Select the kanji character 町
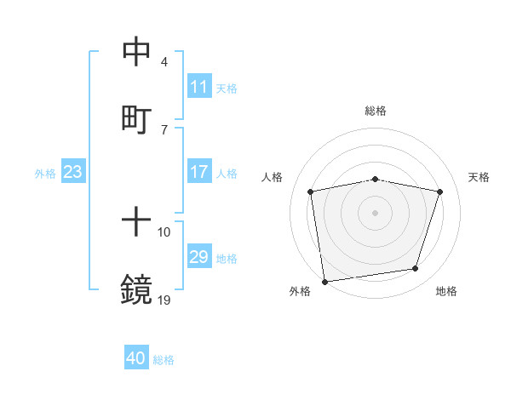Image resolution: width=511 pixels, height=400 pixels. pos(136,117)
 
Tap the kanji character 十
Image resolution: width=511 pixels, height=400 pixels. pos(136,223)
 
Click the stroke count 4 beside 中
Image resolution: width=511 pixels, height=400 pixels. pos(164,62)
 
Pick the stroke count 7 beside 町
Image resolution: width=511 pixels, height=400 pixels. pos(164,129)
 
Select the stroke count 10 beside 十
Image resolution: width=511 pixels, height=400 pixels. pos(164,232)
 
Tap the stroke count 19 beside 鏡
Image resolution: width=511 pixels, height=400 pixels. pos(164,300)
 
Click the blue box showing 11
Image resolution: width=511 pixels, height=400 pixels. pos(198,87)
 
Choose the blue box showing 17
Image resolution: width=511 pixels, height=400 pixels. pos(198,172)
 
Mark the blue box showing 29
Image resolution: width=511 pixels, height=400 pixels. pos(198,257)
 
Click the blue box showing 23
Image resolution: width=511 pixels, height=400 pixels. pos(73,172)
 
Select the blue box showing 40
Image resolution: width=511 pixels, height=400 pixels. pos(136,359)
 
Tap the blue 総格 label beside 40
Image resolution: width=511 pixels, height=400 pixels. pos(164,360)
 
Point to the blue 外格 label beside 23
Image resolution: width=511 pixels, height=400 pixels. pos(45,173)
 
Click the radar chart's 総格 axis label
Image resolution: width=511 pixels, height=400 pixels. pos(376,111)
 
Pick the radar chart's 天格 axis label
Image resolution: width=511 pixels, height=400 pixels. pos(479,176)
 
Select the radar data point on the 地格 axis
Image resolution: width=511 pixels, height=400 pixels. pos(416,269)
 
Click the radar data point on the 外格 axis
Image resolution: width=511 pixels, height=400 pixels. pos(324,281)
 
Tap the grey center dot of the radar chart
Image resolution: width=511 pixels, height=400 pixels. pos(375,212)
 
